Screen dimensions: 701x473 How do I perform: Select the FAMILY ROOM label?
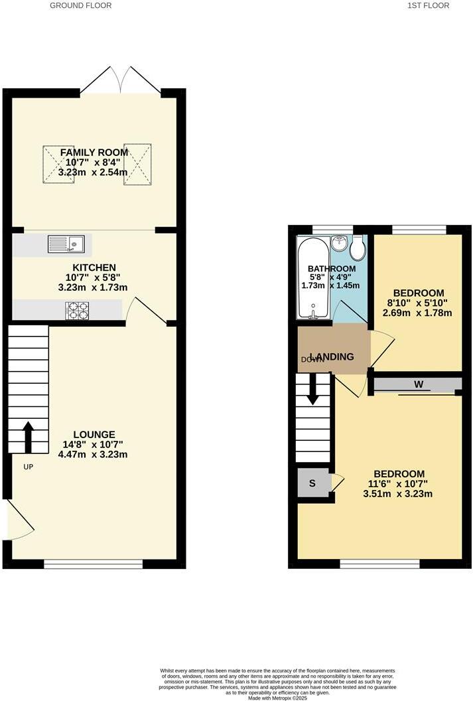click(94, 153)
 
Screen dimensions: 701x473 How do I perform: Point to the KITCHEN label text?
click(94, 268)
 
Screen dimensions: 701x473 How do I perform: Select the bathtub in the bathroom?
click(312, 277)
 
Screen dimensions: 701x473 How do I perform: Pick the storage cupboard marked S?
click(313, 483)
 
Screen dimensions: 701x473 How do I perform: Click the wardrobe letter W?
click(418, 384)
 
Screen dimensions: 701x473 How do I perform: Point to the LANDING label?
click(333, 356)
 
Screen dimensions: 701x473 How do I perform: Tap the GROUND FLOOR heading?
click(81, 5)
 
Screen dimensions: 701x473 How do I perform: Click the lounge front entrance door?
click(19, 520)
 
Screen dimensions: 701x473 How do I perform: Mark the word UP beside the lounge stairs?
click(28, 467)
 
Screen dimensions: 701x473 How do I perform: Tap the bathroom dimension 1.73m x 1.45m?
click(332, 285)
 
